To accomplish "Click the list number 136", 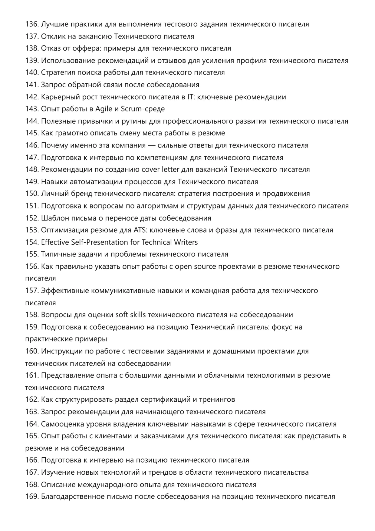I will point(32,24).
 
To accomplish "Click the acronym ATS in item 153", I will point(140,230).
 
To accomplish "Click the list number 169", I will point(32,497).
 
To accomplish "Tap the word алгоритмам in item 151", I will point(155,206).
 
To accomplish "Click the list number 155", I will point(32,254).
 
